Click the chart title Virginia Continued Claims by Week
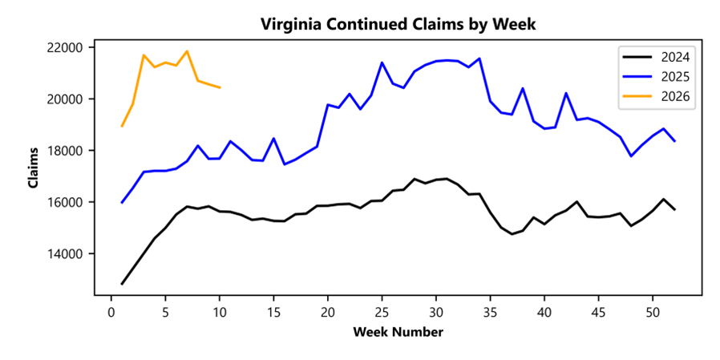point(398,24)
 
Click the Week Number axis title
point(398,331)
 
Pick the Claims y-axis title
point(33,168)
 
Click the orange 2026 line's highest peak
point(187,51)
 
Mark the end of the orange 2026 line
point(220,87)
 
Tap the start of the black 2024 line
point(122,284)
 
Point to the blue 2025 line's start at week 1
point(122,203)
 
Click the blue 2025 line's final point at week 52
point(674,141)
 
